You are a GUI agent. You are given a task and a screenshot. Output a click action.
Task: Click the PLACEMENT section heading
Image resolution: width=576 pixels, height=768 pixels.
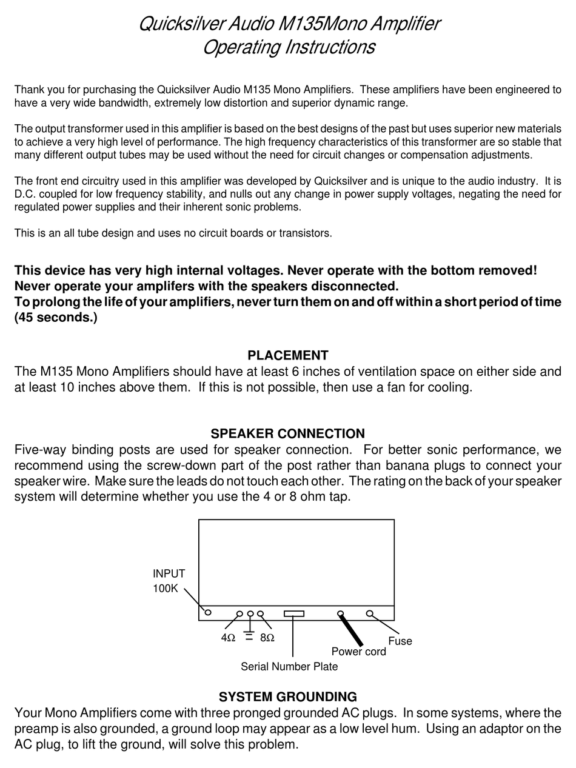287,356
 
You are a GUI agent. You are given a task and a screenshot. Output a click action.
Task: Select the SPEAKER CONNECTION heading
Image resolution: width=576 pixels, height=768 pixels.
287,434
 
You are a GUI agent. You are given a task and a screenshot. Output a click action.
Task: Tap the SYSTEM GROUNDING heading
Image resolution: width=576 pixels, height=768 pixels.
287,697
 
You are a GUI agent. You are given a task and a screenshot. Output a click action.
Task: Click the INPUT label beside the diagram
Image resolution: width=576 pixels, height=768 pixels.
169,573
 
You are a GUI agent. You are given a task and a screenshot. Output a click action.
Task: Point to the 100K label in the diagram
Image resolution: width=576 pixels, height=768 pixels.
165,589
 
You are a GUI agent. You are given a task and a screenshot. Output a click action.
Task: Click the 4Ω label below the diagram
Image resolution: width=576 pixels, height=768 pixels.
228,638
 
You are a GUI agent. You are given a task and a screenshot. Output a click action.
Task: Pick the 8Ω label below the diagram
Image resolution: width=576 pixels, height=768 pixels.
267,638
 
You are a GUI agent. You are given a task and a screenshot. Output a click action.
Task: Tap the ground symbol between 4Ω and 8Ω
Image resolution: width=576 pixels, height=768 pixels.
249,635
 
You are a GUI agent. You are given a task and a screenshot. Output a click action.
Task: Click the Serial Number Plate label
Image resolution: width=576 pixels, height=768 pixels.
289,667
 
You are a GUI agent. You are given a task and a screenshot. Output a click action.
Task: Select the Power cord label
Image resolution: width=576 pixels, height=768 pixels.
358,652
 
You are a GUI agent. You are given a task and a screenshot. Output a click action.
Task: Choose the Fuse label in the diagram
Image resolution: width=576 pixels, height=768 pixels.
400,641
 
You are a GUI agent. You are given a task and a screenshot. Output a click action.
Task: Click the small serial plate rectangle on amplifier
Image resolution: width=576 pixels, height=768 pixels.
294,613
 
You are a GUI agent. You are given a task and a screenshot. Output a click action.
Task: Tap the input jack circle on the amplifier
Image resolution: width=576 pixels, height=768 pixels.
208,612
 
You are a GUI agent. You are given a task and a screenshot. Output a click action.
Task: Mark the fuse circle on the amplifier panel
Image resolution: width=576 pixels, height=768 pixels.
370,613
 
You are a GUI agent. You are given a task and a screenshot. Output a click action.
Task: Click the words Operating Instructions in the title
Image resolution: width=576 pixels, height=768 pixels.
289,47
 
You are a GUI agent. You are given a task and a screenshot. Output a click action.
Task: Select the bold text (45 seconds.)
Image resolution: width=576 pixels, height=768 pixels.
56,318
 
